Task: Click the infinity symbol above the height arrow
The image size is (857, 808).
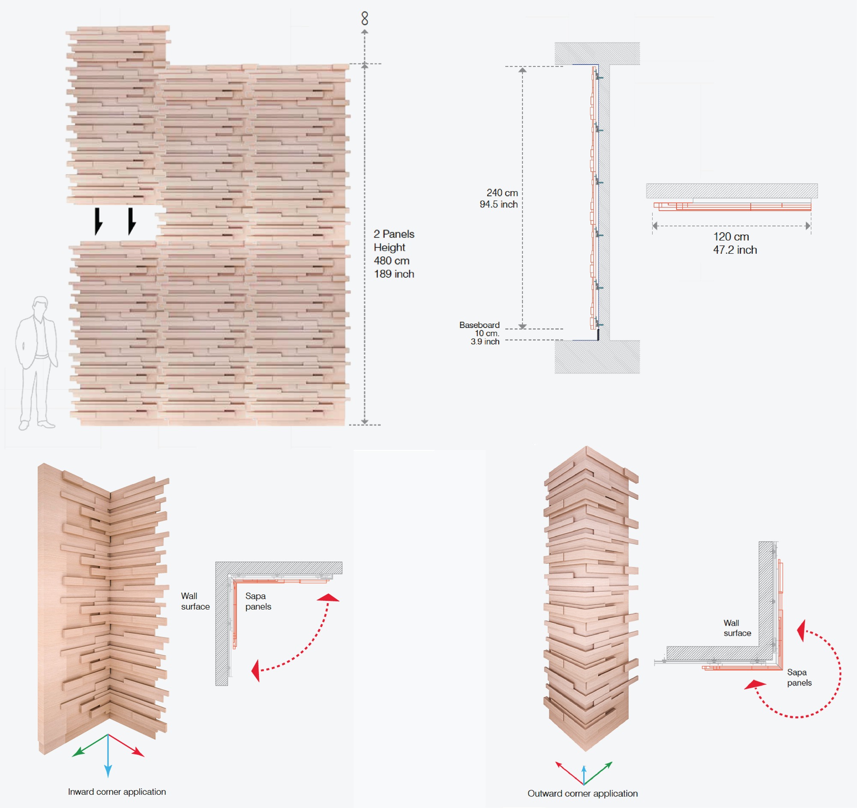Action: (x=365, y=18)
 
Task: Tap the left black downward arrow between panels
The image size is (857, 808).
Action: (x=98, y=221)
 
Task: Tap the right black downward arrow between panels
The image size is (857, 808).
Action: (x=132, y=221)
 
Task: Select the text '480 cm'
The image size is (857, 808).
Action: (x=391, y=261)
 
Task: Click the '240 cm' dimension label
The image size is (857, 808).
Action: (x=502, y=193)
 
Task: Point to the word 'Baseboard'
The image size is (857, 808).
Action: (x=479, y=324)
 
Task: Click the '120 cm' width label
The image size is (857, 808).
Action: (x=731, y=237)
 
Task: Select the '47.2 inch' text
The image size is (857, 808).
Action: (x=734, y=250)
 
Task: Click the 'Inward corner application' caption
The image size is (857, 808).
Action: (x=117, y=792)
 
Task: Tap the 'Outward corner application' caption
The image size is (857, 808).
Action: (x=582, y=793)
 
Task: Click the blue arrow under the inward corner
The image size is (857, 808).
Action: (x=108, y=759)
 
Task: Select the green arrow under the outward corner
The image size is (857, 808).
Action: (x=599, y=772)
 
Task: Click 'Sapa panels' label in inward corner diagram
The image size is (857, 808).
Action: (x=258, y=601)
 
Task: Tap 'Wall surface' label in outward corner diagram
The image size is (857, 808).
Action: (x=737, y=628)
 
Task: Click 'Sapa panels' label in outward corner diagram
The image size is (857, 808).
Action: (x=799, y=677)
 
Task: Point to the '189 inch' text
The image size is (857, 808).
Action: (x=394, y=274)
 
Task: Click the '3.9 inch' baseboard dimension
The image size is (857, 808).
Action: (x=485, y=342)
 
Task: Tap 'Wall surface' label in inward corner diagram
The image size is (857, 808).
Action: (x=195, y=601)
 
